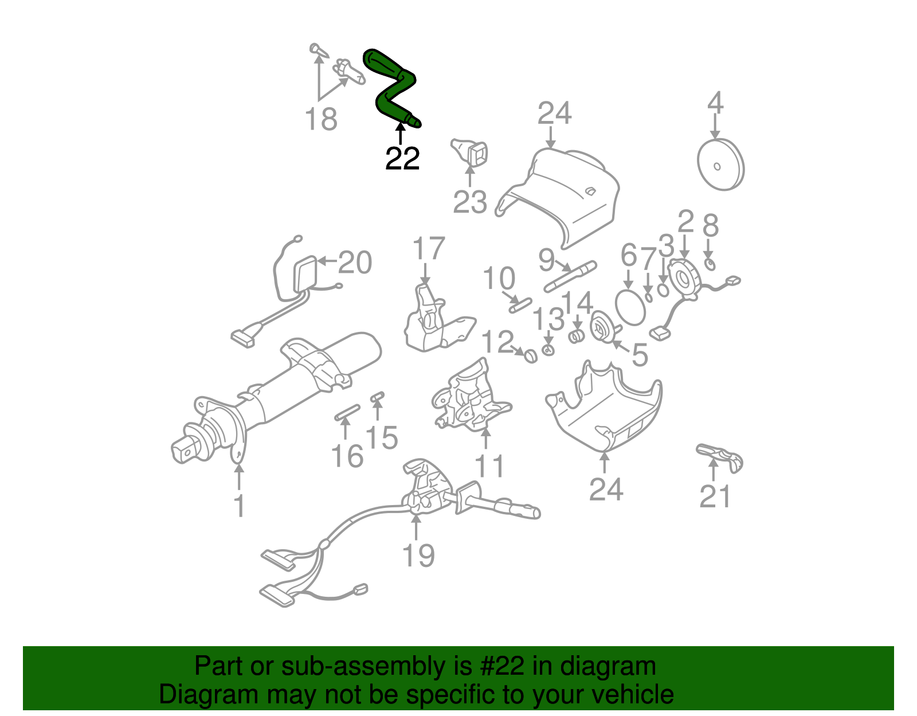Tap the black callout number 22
pos(402,159)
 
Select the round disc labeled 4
pos(720,165)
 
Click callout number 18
pos(321,120)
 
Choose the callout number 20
pos(355,263)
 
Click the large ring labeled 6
pos(630,307)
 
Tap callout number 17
pos(428,249)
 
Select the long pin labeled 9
pos(570,276)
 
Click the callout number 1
pos(240,506)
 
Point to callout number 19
pos(418,555)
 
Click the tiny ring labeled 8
pos(710,264)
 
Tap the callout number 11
pos(490,465)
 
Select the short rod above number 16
pos(347,412)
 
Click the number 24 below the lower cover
pos(606,489)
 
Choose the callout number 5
pos(640,355)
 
